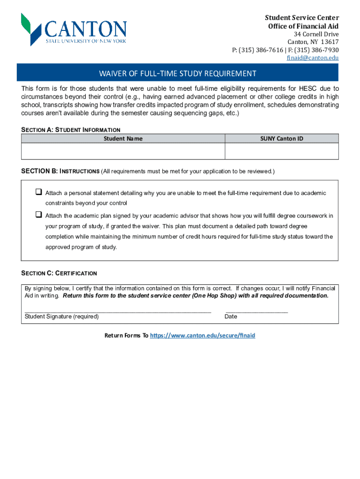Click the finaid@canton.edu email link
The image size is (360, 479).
pyautogui.click(x=312, y=58)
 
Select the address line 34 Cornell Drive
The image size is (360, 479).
pyautogui.click(x=316, y=35)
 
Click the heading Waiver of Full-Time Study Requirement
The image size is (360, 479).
pyautogui.click(x=178, y=73)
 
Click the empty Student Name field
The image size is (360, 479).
pyautogui.click(x=123, y=152)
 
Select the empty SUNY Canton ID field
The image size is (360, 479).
pyautogui.click(x=281, y=152)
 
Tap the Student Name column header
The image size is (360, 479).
pyautogui.click(x=123, y=138)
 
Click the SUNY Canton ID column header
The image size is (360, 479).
pyautogui.click(x=281, y=138)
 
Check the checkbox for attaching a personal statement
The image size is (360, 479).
pyautogui.click(x=39, y=192)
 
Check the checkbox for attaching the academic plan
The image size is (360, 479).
pyautogui.click(x=39, y=215)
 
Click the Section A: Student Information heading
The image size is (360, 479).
pyautogui.click(x=71, y=130)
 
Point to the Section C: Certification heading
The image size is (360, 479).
pyautogui.click(x=59, y=273)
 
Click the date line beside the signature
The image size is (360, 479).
pyautogui.click(x=256, y=310)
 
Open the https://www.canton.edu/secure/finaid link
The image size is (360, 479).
pyautogui.click(x=202, y=335)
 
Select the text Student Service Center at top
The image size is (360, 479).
pyautogui.click(x=302, y=18)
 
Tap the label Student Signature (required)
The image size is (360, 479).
pyautogui.click(x=62, y=317)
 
